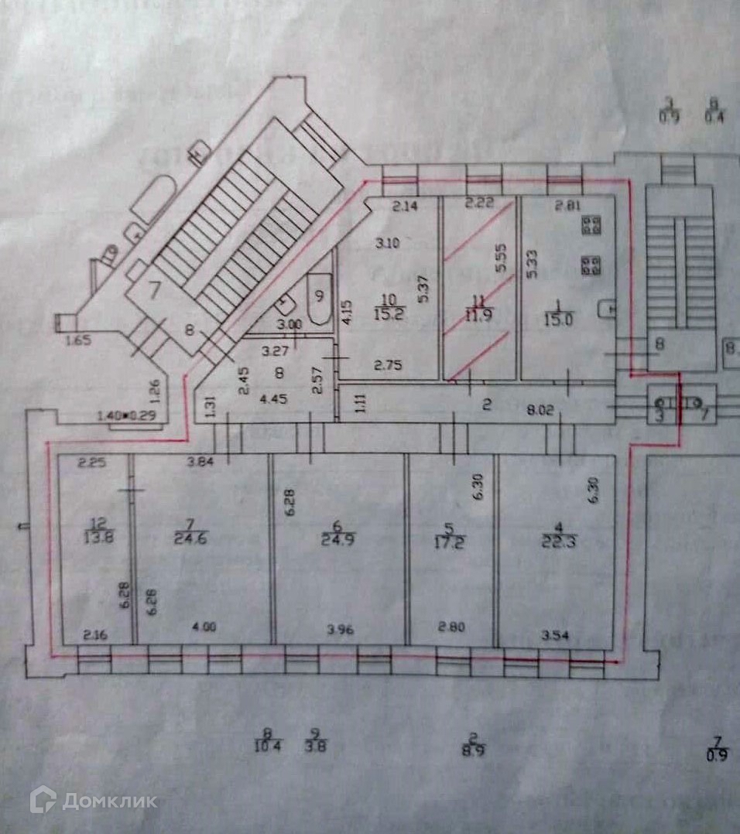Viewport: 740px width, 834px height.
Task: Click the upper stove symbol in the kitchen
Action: [x=593, y=226]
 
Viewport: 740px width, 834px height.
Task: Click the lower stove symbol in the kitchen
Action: [x=593, y=265]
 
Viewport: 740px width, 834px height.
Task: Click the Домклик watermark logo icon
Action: [x=43, y=800]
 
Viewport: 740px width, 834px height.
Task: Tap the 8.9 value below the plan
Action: [x=472, y=750]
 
